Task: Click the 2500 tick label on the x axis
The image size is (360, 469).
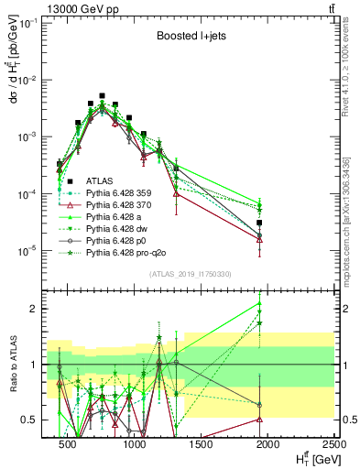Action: pos(332,444)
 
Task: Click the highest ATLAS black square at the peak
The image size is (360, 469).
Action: pos(102,95)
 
